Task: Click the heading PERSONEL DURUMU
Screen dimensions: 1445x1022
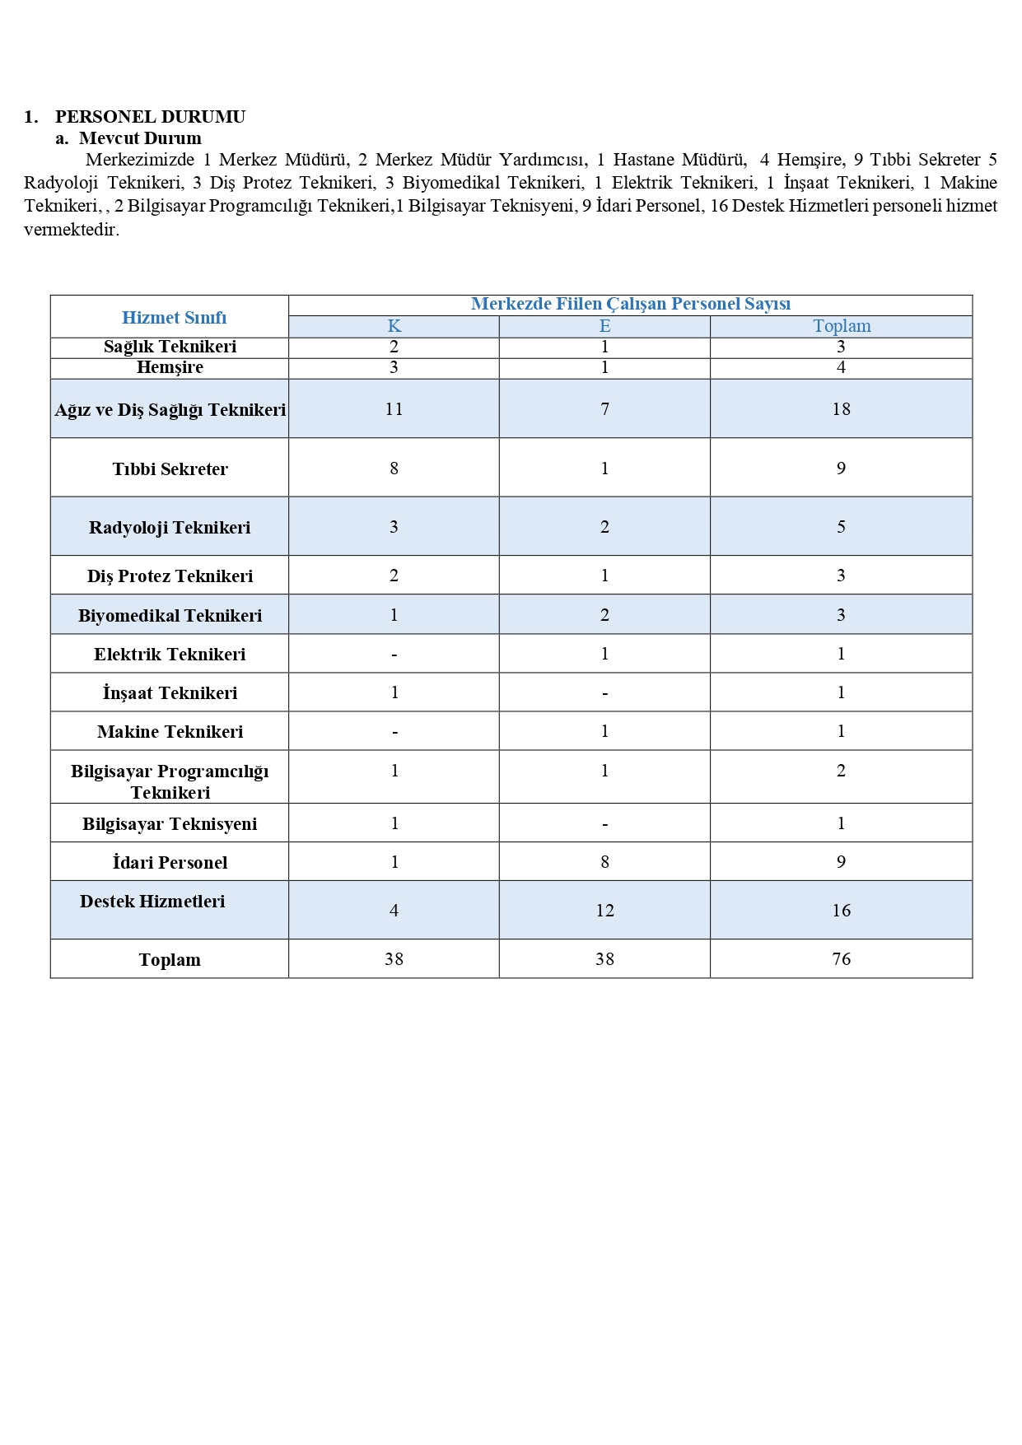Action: point(150,117)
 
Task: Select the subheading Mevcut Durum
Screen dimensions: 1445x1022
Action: point(140,138)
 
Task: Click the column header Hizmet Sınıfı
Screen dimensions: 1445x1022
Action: point(174,318)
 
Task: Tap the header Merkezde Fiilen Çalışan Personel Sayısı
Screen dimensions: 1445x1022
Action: point(630,305)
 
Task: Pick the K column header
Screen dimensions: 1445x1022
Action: point(394,327)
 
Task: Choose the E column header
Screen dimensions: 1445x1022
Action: point(604,327)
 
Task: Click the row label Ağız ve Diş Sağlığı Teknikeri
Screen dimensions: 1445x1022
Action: point(170,410)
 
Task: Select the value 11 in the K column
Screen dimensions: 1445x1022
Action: point(394,409)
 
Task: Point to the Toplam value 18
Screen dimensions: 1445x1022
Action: point(841,409)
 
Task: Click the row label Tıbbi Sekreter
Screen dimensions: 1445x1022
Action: point(170,469)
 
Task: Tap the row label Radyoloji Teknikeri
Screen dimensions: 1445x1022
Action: point(170,528)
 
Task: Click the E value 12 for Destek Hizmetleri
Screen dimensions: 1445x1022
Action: point(604,911)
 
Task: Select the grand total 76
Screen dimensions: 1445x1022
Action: point(841,959)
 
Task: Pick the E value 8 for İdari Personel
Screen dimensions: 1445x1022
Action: point(604,862)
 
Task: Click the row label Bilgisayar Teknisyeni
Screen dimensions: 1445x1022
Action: point(170,824)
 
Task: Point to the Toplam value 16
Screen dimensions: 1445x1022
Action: point(841,911)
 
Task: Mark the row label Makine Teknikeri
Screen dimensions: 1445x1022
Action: point(170,732)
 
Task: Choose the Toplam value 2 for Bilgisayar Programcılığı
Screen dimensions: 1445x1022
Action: point(841,771)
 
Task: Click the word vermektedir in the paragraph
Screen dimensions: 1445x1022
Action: point(72,230)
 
